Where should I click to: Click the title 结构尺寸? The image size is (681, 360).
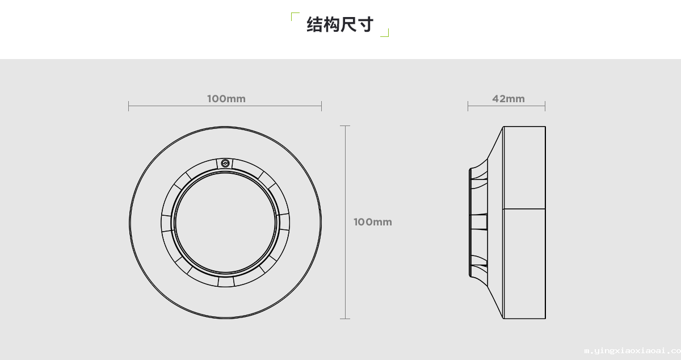(340, 25)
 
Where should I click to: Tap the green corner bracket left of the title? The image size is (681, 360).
(294, 16)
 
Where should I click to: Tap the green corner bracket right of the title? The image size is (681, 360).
(385, 33)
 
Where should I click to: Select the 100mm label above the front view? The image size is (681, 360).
(226, 99)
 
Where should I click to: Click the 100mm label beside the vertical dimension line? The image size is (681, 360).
(372, 222)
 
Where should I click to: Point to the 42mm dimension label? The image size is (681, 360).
(508, 99)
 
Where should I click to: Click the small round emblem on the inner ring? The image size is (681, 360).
(225, 163)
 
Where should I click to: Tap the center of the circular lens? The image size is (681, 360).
(225, 223)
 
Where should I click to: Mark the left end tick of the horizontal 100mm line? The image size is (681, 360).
(129, 106)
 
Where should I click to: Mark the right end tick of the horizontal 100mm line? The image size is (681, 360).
(321, 106)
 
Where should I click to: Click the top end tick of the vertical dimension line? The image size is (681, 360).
(345, 126)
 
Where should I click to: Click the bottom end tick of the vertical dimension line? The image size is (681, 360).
(345, 319)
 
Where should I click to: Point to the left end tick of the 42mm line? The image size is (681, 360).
(468, 106)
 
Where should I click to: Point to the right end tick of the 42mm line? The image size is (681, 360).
(545, 106)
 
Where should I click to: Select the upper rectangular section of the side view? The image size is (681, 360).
(524, 167)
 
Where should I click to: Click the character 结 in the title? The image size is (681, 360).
(314, 25)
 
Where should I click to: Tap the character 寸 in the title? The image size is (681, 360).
(365, 25)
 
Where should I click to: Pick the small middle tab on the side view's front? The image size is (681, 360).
(479, 222)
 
